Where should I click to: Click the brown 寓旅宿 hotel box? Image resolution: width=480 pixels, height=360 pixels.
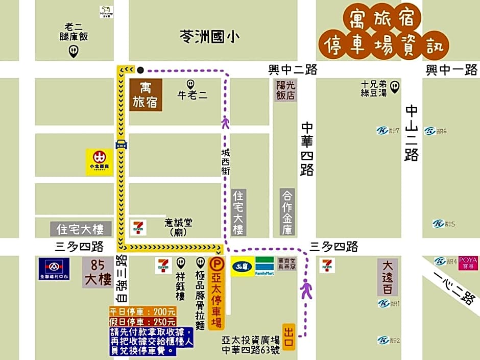(146, 95)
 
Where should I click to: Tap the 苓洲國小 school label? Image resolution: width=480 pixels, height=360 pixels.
(210, 37)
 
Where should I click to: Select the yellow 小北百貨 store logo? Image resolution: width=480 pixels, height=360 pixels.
(99, 162)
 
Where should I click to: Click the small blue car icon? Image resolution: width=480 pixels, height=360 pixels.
(121, 145)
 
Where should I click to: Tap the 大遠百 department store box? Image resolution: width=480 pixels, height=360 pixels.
(387, 277)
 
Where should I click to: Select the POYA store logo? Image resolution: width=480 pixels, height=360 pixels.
(468, 262)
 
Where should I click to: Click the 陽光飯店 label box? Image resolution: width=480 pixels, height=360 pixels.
(285, 90)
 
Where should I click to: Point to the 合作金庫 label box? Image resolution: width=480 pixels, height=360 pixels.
(288, 212)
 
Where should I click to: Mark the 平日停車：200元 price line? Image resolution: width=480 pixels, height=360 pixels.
(143, 311)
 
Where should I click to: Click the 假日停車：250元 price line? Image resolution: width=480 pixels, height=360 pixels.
(143, 322)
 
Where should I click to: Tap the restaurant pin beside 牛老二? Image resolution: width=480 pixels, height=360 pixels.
(191, 84)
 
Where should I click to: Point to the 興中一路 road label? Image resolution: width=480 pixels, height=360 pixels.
(451, 70)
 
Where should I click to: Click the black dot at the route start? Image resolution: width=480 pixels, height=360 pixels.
(140, 70)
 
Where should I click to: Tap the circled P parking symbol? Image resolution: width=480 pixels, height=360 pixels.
(217, 264)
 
